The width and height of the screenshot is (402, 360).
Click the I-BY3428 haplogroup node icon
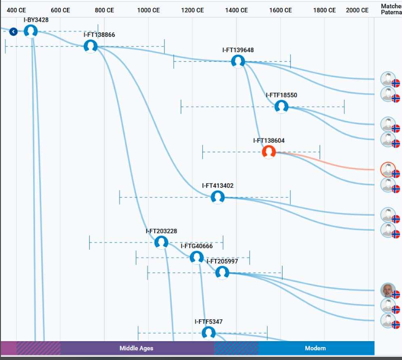30,31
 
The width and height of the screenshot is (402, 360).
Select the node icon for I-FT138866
90,46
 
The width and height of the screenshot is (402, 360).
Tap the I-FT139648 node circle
238,61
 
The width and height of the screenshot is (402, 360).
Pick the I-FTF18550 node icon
281,107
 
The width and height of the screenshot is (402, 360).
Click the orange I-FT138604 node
269,151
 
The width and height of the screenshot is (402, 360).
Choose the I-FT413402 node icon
217,197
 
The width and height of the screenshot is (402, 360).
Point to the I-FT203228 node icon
161,242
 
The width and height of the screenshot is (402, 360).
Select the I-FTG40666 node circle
197,257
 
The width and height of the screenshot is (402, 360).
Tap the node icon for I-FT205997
222,273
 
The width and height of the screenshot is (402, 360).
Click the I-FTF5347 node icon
209,333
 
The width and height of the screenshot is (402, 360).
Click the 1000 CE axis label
149,10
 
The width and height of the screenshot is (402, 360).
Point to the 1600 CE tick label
281,10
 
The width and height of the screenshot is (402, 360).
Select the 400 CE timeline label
16,10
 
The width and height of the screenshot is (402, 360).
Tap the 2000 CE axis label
357,10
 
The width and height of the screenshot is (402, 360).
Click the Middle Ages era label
136,348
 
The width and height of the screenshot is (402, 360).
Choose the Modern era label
315,348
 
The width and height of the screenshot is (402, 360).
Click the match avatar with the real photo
388,291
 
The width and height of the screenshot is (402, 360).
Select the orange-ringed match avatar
388,170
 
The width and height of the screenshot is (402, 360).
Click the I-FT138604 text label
269,140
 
